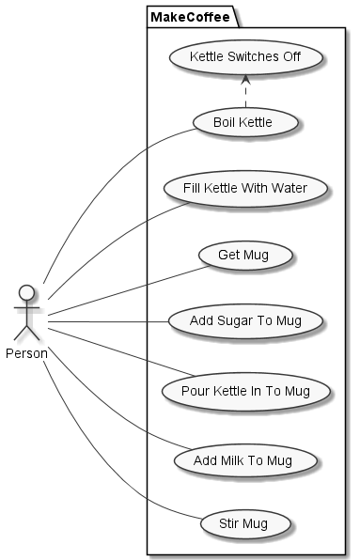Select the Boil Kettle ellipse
point(243,122)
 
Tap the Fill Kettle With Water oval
point(244,188)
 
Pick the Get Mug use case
point(243,255)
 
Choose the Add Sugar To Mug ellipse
point(244,320)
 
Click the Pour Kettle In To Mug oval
point(244,388)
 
